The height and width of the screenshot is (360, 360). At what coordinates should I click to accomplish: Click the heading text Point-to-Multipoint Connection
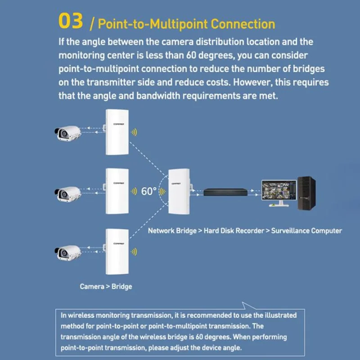pos(186,23)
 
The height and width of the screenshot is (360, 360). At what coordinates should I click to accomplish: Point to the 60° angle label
pos(149,191)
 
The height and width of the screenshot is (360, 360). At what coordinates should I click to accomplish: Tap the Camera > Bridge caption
pos(106,286)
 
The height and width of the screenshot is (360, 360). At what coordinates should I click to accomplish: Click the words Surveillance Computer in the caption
pos(306,231)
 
